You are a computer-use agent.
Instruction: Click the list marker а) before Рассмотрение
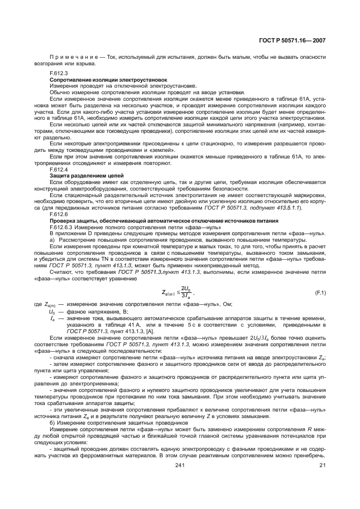point(52,240)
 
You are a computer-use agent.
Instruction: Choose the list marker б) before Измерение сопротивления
point(52,422)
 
